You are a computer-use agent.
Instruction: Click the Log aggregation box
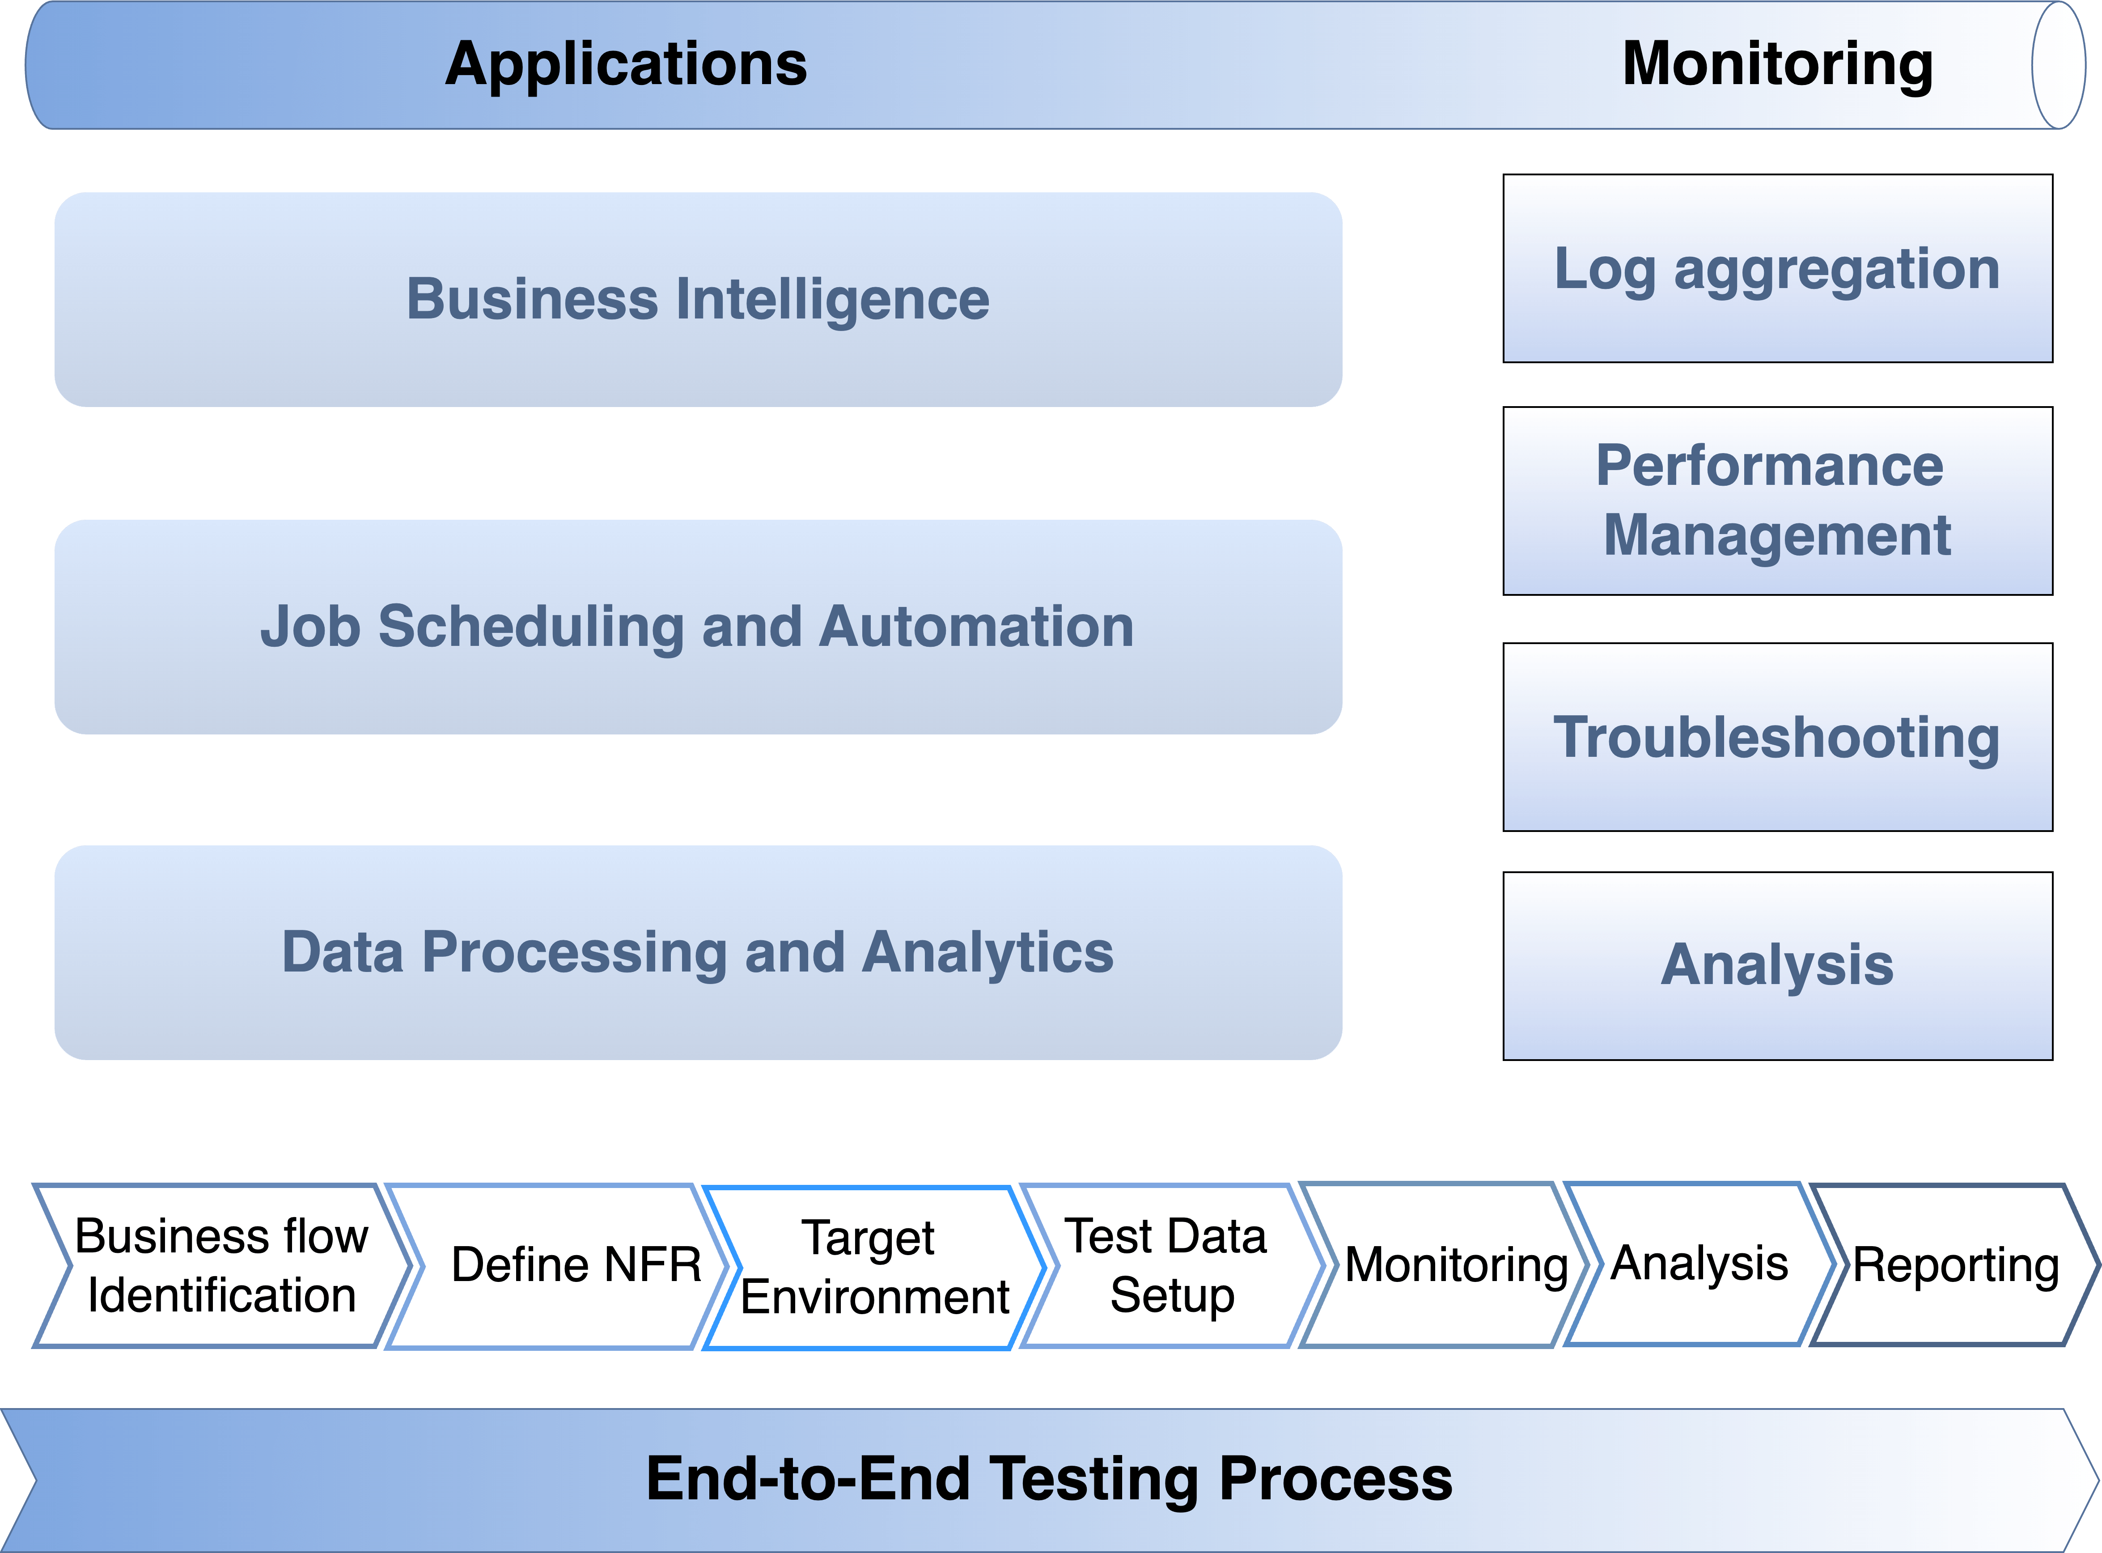point(1778,268)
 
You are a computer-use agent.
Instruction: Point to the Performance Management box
point(1778,501)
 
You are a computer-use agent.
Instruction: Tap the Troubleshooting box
point(1778,737)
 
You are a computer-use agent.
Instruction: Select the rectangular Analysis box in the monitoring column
point(1778,967)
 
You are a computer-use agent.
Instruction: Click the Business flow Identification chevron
point(222,1265)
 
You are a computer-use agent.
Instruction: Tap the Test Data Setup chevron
point(1170,1265)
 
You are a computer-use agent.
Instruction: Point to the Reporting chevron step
point(1955,1264)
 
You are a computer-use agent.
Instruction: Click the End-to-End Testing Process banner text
point(1049,1479)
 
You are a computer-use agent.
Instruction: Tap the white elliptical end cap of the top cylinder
point(2059,65)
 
